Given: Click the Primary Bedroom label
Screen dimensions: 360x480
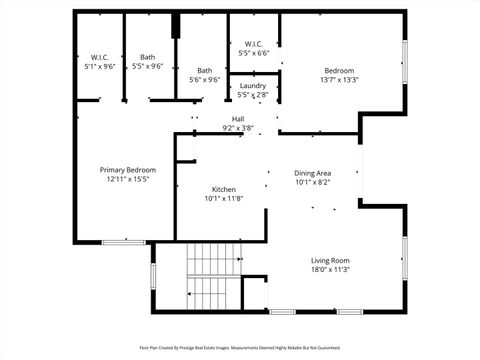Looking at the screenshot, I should [x=127, y=170].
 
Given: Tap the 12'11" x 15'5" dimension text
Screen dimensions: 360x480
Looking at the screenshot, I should [x=127, y=180].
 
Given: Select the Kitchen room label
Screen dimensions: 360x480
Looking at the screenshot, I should [x=223, y=189].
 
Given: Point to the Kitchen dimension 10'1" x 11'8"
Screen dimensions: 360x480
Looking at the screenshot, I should [x=223, y=199].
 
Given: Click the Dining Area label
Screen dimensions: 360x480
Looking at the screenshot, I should [x=313, y=172].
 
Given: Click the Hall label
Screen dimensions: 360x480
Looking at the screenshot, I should [x=238, y=118].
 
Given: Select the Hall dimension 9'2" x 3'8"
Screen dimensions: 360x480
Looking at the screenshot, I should [x=238, y=128].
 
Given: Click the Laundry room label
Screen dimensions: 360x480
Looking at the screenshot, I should [x=252, y=86].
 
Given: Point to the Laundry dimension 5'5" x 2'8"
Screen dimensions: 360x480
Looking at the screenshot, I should [x=252, y=95].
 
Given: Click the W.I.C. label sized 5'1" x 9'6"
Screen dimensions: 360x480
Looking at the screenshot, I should [x=100, y=57].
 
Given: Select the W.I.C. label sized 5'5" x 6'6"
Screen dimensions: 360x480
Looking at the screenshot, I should [x=252, y=44].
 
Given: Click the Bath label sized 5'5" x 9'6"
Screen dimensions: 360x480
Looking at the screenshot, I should [x=148, y=57].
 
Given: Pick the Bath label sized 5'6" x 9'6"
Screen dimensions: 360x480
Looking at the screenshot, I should [x=204, y=70].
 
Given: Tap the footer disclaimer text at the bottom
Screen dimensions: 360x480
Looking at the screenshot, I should [x=240, y=348].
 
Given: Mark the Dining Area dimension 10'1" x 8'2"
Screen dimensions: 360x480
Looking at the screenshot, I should [x=313, y=182].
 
